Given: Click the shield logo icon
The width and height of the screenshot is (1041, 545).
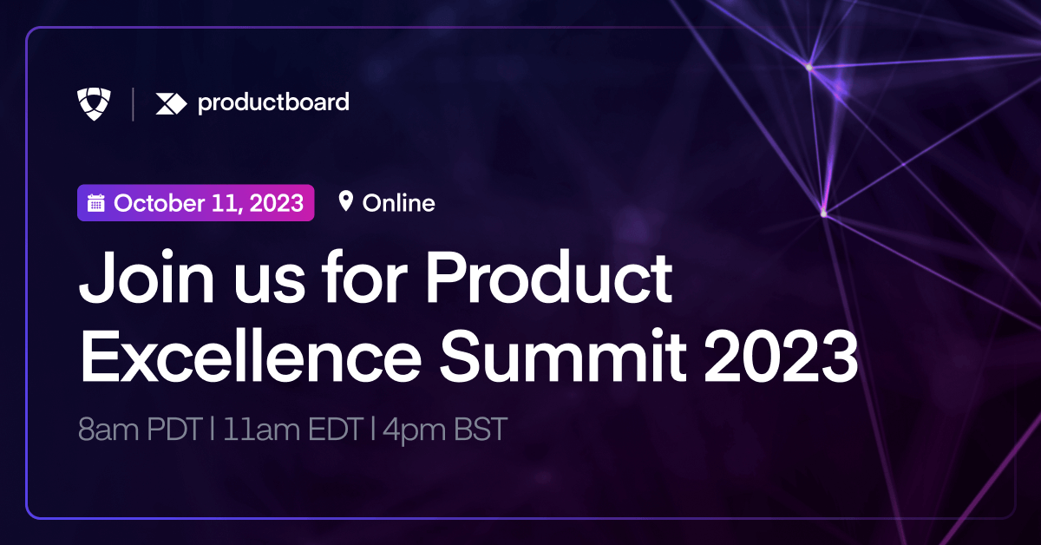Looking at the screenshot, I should (95, 103).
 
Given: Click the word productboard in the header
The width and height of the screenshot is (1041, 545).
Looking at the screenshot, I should (273, 102).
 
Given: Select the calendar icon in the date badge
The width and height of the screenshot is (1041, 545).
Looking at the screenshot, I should (96, 204).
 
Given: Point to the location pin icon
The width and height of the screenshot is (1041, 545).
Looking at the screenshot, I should (346, 202).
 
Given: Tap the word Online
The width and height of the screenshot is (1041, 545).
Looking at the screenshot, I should (398, 203).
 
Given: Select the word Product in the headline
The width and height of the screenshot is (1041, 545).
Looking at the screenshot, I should (550, 279).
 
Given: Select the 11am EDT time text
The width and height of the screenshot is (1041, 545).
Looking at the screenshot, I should (291, 430).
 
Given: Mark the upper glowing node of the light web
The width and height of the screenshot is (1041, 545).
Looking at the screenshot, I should (809, 66).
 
